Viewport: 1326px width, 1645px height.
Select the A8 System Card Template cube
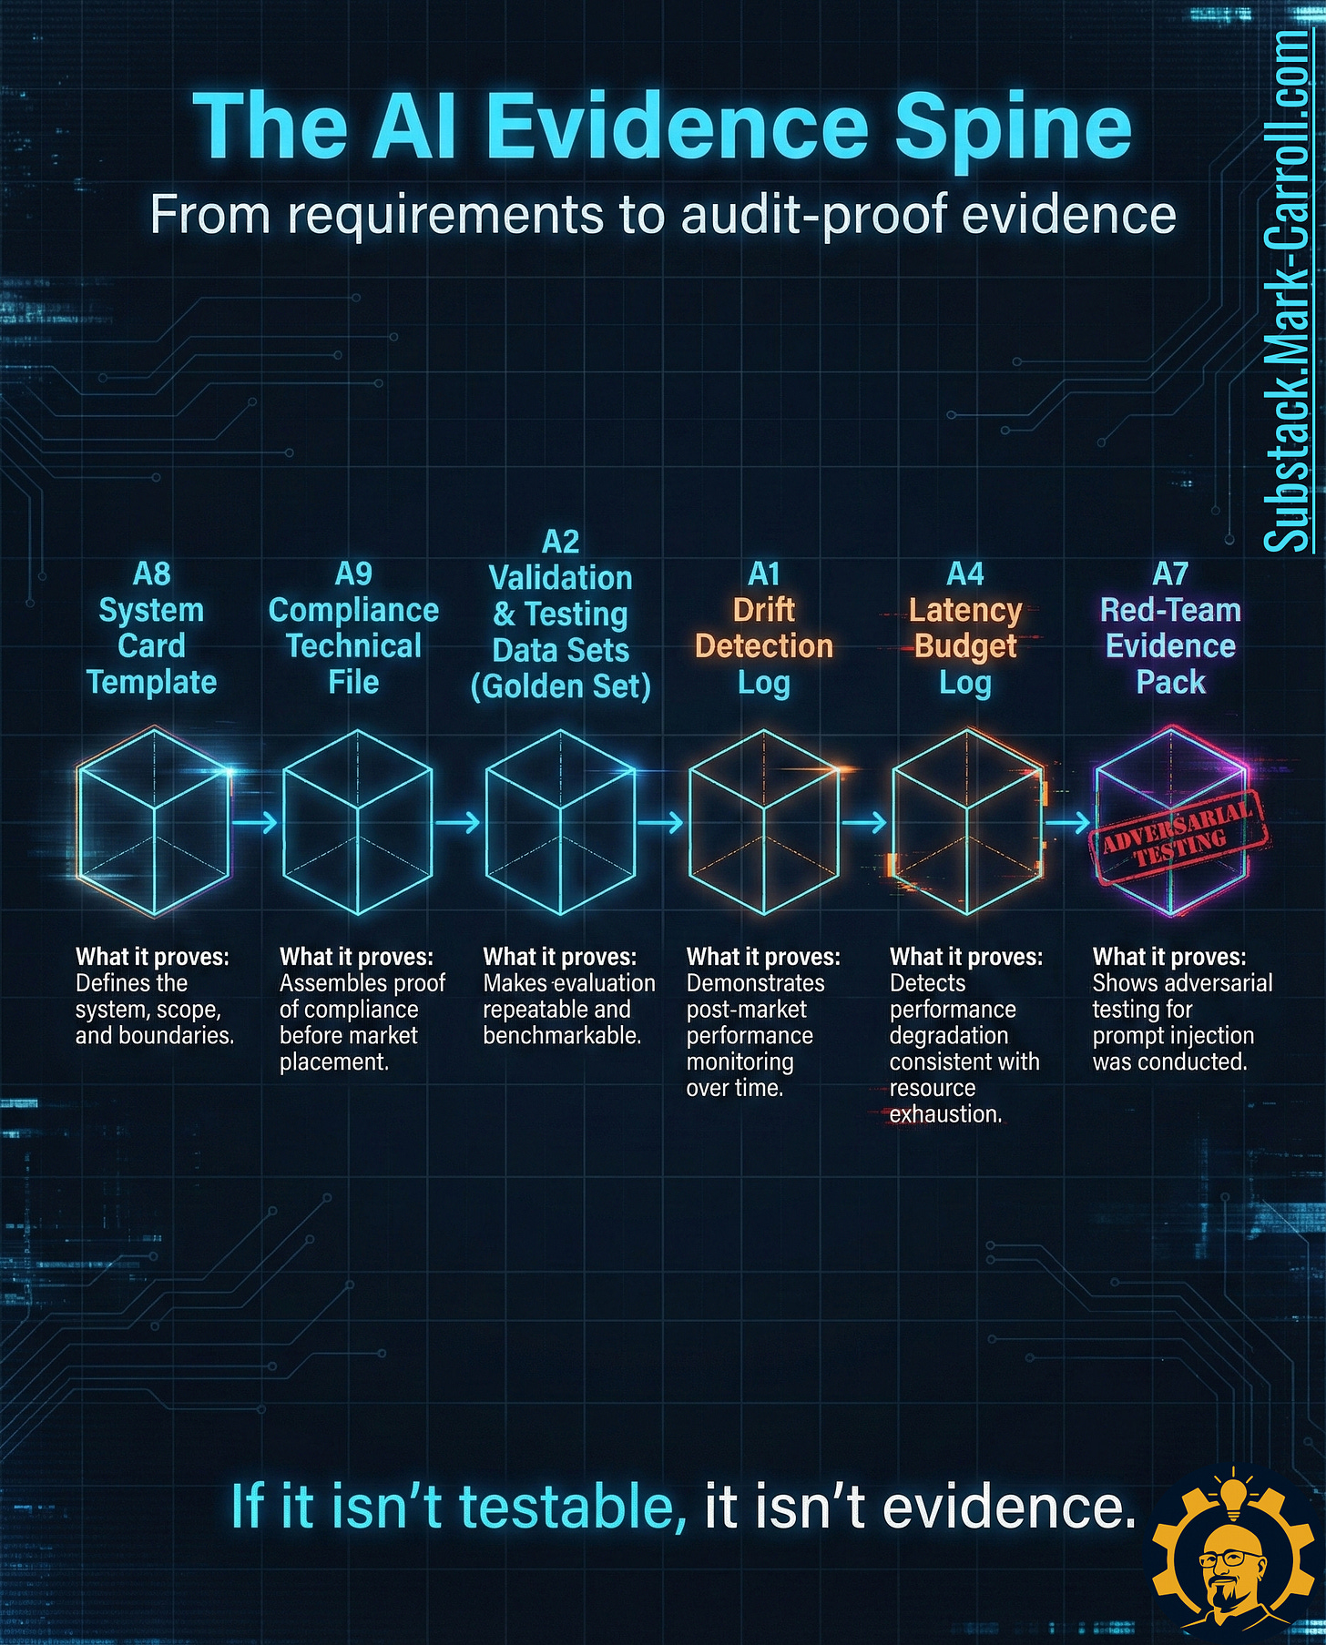[x=153, y=821]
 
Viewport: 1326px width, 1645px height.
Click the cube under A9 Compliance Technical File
[x=356, y=821]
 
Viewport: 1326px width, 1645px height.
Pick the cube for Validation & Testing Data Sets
[x=559, y=821]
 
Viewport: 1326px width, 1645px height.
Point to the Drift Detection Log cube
[x=763, y=821]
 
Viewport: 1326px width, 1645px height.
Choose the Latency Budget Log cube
[x=966, y=821]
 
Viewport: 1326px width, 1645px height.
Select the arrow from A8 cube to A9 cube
[x=254, y=822]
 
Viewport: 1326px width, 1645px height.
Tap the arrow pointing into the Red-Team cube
[x=1067, y=822]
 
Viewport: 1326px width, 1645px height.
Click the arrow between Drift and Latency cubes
[x=864, y=822]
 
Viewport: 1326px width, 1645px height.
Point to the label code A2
[x=560, y=542]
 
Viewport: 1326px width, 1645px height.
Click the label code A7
[x=1170, y=574]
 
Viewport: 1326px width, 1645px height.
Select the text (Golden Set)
[x=560, y=686]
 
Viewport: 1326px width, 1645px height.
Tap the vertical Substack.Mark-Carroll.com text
[x=1287, y=291]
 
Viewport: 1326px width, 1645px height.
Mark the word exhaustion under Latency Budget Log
[x=944, y=1113]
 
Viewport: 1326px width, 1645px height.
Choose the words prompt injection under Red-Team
[x=1173, y=1035]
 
